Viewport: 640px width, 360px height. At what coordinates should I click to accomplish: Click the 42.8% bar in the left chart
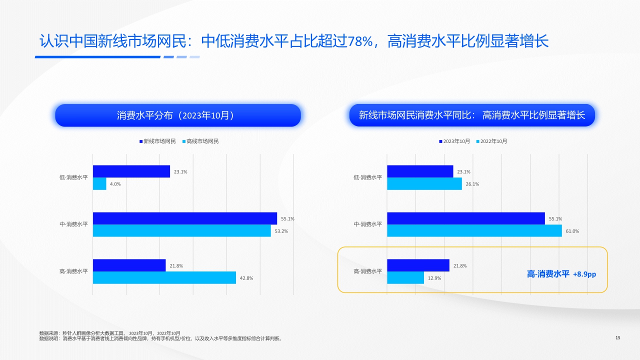(164, 277)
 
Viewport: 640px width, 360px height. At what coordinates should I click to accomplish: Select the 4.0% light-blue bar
(99, 184)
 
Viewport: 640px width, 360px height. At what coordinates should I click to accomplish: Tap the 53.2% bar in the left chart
(181, 230)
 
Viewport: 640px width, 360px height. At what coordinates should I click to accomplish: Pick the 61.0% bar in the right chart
(474, 230)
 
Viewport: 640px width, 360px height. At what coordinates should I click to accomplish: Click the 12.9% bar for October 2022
(405, 277)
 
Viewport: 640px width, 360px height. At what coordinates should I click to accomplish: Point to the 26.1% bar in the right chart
(424, 184)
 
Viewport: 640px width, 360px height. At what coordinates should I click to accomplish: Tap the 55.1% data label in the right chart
(555, 219)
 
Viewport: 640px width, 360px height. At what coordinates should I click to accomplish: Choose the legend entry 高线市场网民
(202, 141)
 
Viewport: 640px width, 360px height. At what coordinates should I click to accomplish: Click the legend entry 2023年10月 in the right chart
(456, 141)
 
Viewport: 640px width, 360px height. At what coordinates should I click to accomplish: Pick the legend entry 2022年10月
(493, 141)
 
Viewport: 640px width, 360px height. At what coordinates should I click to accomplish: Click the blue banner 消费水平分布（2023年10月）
(178, 115)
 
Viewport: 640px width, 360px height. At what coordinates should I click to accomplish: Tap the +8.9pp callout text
(584, 274)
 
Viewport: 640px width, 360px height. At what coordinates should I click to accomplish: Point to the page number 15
(617, 338)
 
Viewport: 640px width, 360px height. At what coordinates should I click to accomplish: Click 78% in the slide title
(361, 41)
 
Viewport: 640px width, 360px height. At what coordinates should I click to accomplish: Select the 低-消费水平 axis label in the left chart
(73, 177)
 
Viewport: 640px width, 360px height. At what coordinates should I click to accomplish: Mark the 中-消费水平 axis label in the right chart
(367, 224)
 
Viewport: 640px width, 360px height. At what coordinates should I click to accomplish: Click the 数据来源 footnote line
(110, 333)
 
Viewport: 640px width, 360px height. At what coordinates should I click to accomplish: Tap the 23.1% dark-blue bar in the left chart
(131, 171)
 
